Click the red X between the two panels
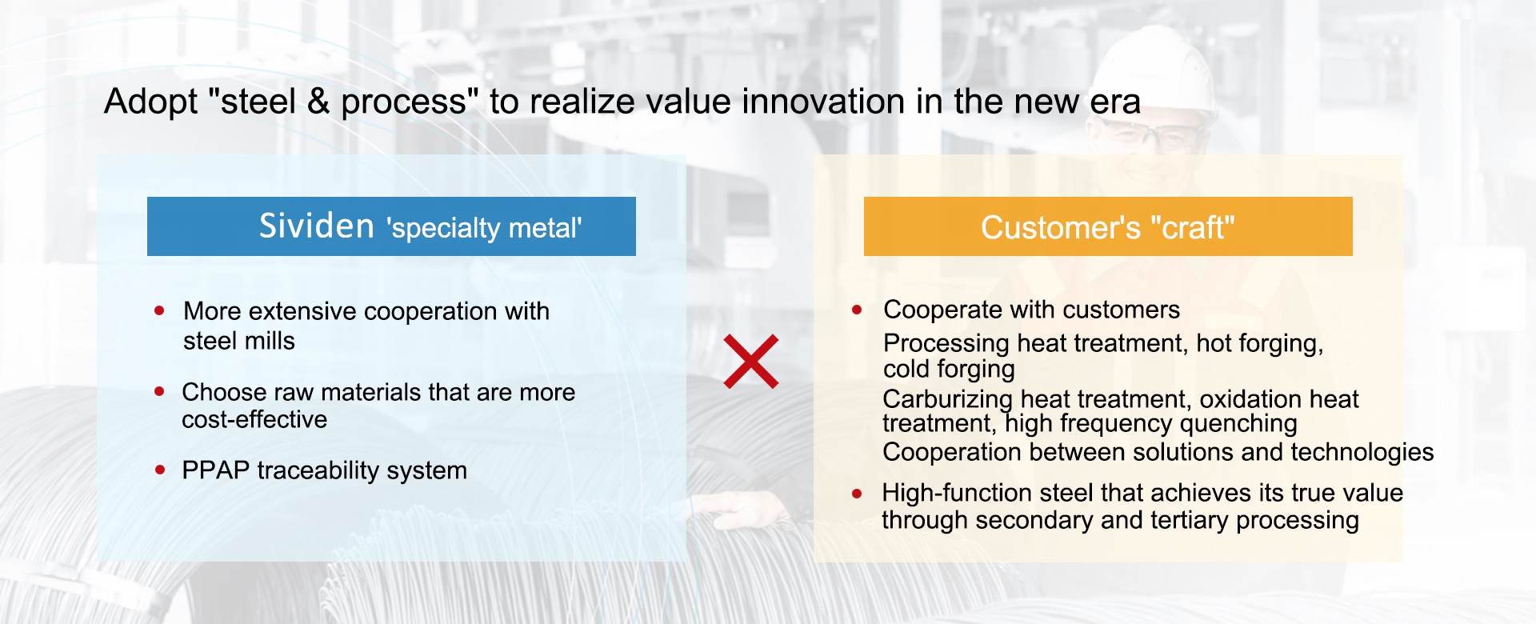pos(751,362)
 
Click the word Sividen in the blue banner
pos(317,226)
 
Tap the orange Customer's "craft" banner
pos(1108,226)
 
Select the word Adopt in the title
pos(151,102)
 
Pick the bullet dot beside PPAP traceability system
pos(160,470)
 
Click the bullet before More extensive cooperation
pos(160,310)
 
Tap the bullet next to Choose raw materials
pos(160,391)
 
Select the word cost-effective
pos(254,419)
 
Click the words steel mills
pos(239,341)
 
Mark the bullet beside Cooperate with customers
pos(857,310)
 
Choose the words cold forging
pos(949,369)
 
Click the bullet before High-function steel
pos(857,494)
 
